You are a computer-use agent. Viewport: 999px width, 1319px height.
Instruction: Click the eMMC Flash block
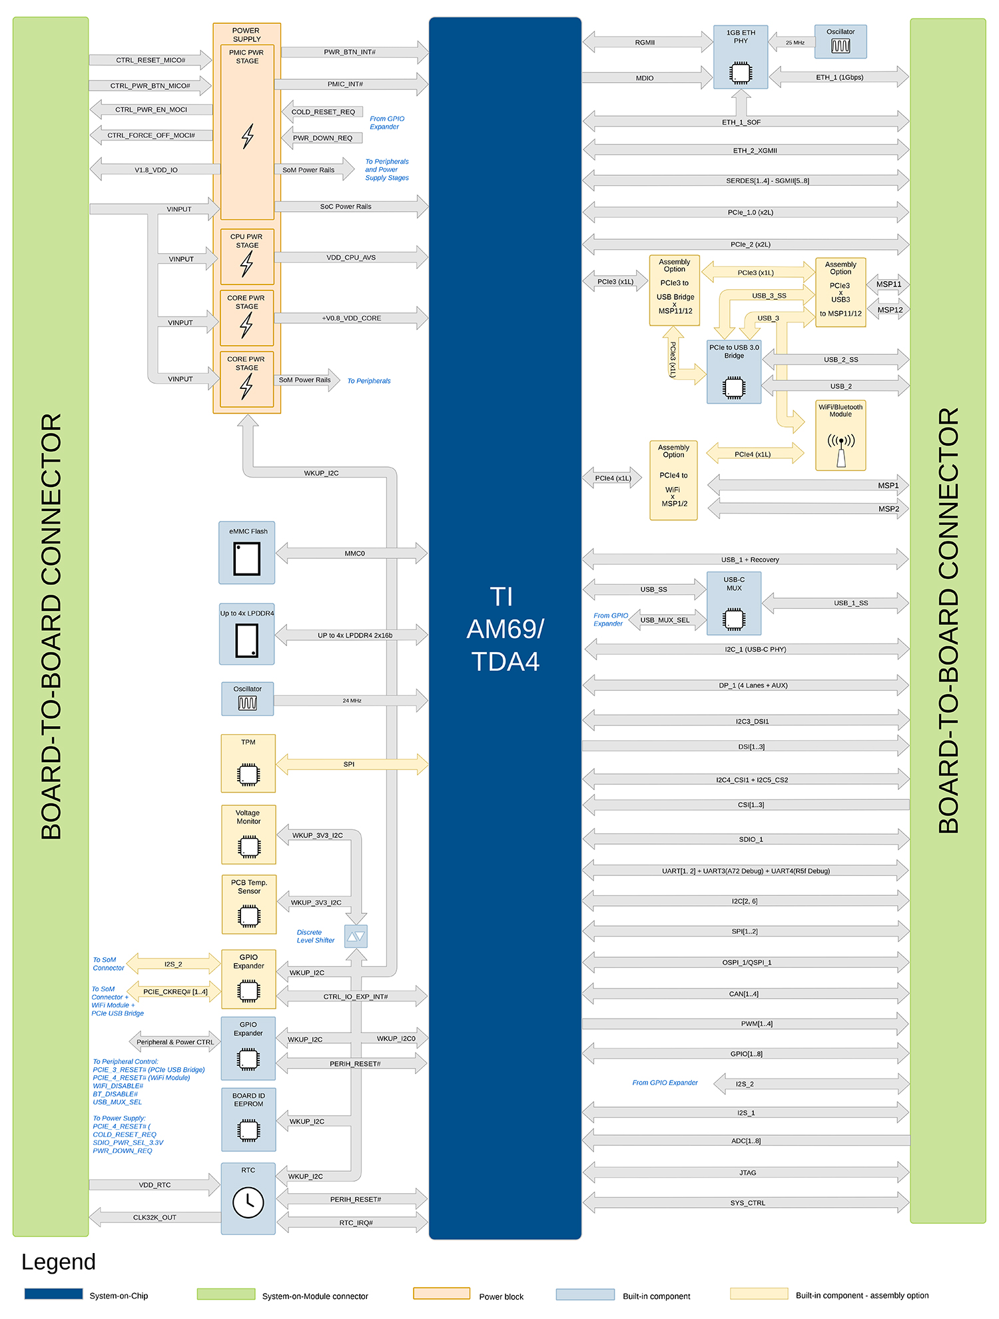click(x=247, y=553)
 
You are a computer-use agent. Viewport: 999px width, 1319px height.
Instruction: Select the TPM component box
click(x=248, y=763)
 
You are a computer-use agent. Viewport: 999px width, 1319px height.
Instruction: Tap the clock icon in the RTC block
click(x=248, y=1202)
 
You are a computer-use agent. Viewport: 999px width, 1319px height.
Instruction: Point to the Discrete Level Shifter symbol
click(x=356, y=936)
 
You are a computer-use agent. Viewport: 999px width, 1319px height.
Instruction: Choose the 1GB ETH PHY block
click(x=741, y=57)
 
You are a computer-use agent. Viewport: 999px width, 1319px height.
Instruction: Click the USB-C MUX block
click(x=734, y=603)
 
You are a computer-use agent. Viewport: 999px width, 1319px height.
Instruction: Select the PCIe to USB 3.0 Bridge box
click(x=734, y=372)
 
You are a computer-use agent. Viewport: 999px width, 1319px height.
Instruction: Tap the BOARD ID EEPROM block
click(x=248, y=1120)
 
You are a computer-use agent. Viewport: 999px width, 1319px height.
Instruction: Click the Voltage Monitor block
click(x=248, y=835)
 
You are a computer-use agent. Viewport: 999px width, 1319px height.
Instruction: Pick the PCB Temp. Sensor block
click(x=249, y=905)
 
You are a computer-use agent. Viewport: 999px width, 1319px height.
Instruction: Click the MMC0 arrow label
click(x=355, y=554)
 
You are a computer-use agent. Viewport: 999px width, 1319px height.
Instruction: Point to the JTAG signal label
click(x=748, y=1173)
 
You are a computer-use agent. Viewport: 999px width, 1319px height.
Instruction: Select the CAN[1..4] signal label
click(x=744, y=994)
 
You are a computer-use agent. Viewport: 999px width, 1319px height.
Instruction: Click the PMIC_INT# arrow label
click(x=345, y=84)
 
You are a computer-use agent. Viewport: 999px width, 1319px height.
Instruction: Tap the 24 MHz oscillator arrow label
click(x=352, y=701)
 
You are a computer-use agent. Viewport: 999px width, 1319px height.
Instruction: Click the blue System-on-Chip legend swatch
click(x=53, y=1294)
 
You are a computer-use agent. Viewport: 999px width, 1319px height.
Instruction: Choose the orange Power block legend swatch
click(x=442, y=1294)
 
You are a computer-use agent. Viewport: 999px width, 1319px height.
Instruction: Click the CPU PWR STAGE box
click(x=247, y=256)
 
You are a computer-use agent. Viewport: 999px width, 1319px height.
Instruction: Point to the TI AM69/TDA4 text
click(x=505, y=630)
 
